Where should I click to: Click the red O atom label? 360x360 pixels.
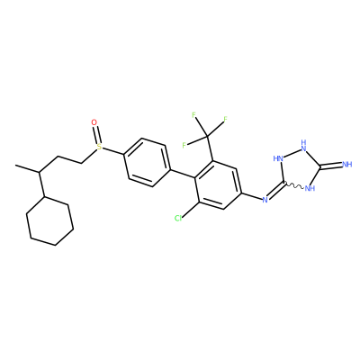(x=94, y=122)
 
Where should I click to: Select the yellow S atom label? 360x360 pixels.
(x=99, y=147)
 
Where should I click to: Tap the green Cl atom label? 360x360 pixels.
(x=178, y=219)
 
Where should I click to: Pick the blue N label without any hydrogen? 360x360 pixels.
(x=265, y=200)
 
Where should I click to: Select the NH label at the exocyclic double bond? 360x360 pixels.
(x=346, y=165)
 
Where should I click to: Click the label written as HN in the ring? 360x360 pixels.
(x=278, y=158)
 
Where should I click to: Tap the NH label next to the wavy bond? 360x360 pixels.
(x=310, y=189)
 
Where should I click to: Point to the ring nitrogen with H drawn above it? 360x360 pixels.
(x=303, y=146)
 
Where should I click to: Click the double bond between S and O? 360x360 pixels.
(x=96, y=135)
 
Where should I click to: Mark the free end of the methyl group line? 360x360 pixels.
(x=15, y=166)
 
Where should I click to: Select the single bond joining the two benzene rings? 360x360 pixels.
(x=183, y=174)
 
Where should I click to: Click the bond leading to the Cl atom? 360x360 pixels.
(x=190, y=209)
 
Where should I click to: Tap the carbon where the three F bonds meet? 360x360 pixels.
(x=207, y=137)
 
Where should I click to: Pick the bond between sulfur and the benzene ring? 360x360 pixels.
(x=112, y=151)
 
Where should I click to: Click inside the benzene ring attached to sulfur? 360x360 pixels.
(x=147, y=162)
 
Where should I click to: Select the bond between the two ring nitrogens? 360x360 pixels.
(x=292, y=152)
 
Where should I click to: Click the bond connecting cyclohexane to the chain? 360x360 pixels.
(x=41, y=184)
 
